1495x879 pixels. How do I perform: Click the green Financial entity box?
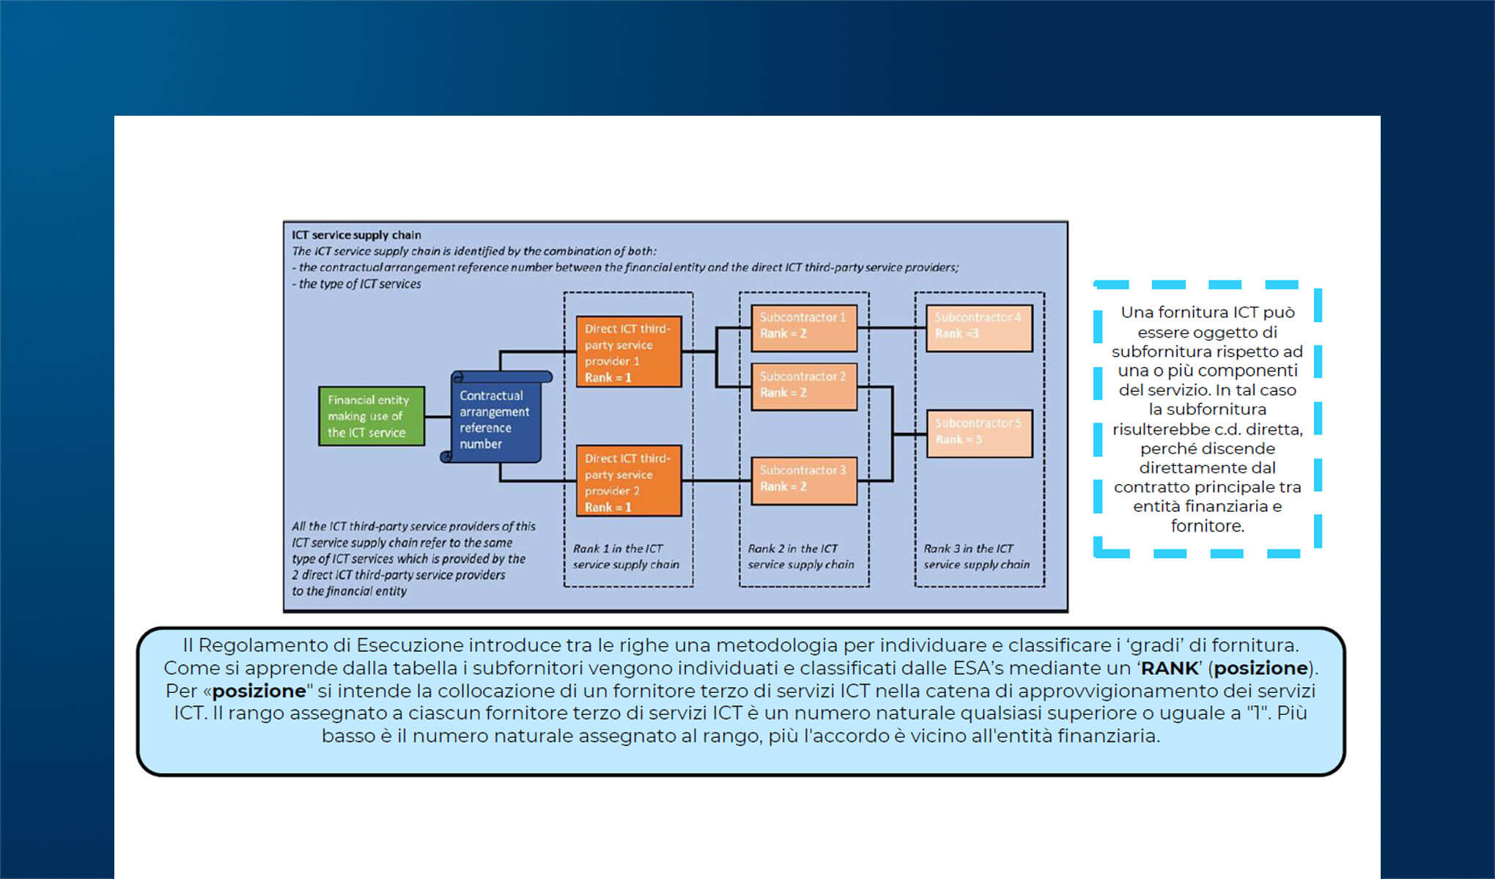coord(371,416)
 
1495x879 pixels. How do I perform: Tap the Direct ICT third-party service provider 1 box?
coord(629,352)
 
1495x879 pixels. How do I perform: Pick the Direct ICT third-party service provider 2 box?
coord(629,481)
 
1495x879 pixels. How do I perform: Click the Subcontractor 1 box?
coord(804,327)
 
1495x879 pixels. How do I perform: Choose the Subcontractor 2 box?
coord(804,386)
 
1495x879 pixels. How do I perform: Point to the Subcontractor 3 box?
coord(804,480)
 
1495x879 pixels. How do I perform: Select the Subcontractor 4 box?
coord(979,327)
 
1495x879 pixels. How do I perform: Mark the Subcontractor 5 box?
coord(979,433)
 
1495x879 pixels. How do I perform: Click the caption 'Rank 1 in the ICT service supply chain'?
coord(626,557)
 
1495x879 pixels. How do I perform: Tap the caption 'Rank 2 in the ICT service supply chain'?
coord(801,557)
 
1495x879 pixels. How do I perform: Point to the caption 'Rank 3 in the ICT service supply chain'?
coord(976,557)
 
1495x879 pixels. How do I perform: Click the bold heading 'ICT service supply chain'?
coord(356,235)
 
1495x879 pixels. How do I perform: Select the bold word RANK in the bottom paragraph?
coord(1170,669)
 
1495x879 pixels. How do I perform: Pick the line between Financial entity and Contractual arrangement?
coord(438,417)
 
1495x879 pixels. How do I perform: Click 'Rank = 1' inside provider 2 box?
coord(608,507)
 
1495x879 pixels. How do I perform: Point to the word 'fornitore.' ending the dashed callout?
coord(1207,526)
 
